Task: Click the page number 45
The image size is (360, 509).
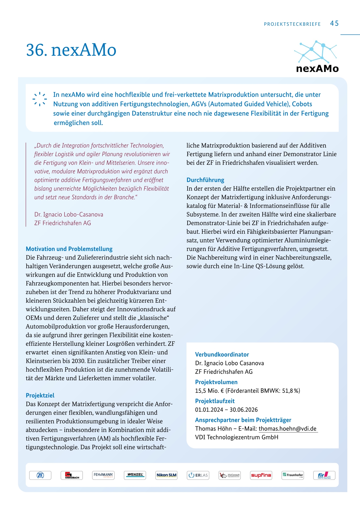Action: click(x=334, y=23)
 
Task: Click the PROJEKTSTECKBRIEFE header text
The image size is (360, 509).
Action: click(x=292, y=24)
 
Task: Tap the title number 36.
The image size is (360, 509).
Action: click(x=36, y=50)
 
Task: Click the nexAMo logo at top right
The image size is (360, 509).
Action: click(x=317, y=57)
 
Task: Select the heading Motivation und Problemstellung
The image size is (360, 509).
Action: click(x=69, y=249)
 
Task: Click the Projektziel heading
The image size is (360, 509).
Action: click(x=40, y=395)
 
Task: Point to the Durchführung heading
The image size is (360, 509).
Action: click(x=205, y=180)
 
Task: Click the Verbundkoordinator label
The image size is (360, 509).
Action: click(x=222, y=354)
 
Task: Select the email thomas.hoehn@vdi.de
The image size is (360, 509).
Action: click(x=287, y=429)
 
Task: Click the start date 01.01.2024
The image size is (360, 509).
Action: click(x=209, y=410)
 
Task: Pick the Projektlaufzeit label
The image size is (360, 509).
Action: click(x=215, y=401)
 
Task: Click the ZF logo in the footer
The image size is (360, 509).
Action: click(x=40, y=475)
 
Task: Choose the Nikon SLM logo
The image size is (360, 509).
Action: click(x=166, y=475)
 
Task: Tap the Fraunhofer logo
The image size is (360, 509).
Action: click(x=293, y=475)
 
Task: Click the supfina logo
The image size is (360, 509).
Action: click(x=261, y=475)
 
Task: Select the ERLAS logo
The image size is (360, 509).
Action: click(x=198, y=475)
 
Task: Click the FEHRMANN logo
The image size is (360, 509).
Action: click(x=103, y=475)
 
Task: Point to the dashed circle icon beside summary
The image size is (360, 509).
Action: click(x=40, y=99)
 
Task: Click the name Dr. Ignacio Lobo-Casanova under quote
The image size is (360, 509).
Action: click(x=69, y=214)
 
